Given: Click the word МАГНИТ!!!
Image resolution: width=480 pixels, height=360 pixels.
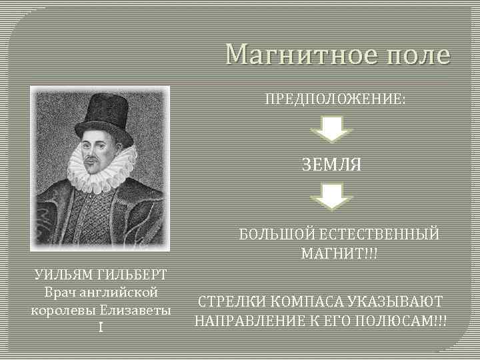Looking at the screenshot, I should pyautogui.click(x=339, y=254).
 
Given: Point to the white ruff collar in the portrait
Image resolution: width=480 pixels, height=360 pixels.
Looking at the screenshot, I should pyautogui.click(x=100, y=170).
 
